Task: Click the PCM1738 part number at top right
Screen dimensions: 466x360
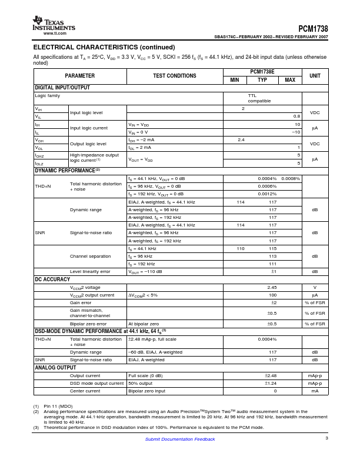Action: coord(313,28)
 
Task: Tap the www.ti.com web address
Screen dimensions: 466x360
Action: coord(55,34)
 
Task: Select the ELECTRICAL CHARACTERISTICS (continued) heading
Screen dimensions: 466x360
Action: coord(104,47)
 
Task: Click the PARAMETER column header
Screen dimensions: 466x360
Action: coord(79,76)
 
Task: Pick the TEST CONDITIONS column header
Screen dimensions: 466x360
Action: coord(175,76)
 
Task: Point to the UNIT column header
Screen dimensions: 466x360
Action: coord(315,76)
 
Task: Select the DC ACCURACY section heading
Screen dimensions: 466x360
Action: coord(53,279)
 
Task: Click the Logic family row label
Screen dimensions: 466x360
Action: coord(47,95)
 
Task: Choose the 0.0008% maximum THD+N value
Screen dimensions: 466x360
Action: coord(291,178)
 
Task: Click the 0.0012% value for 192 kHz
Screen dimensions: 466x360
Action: coord(267,194)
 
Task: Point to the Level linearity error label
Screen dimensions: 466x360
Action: coord(90,271)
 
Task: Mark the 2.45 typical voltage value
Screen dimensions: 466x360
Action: coord(272,287)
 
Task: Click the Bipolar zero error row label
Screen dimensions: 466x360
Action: coord(89,324)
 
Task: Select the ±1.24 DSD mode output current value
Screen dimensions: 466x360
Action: coord(271,383)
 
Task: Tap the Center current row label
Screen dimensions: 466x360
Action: coord(85,391)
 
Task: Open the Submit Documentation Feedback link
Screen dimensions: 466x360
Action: coord(180,439)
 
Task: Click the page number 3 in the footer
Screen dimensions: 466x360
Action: coord(326,438)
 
